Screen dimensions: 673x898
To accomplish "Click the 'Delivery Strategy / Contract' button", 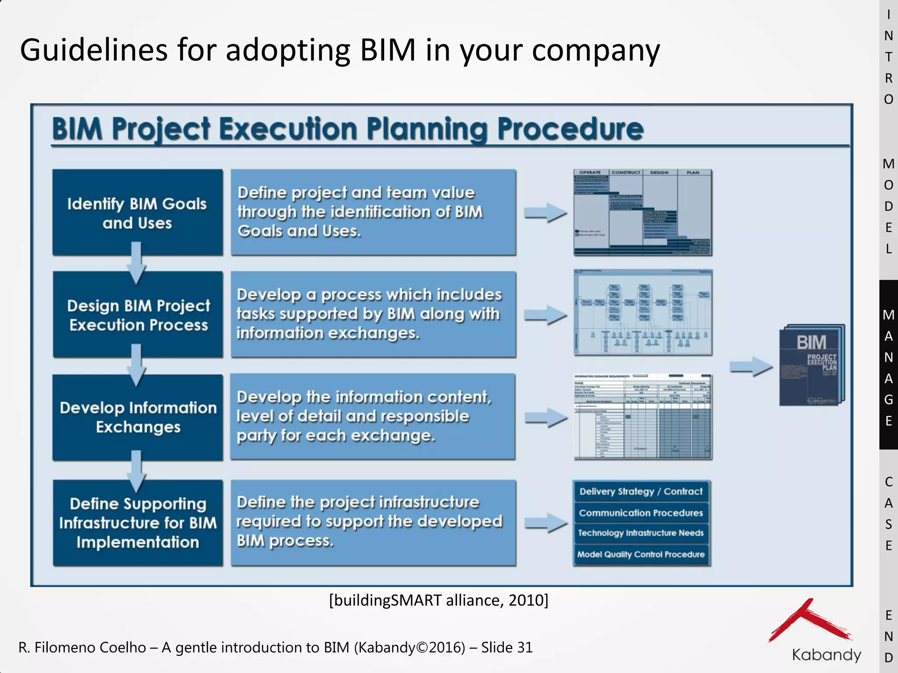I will tap(641, 492).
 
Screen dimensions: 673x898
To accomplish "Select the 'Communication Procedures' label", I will tap(641, 513).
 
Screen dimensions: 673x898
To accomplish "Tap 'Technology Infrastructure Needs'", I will tap(641, 533).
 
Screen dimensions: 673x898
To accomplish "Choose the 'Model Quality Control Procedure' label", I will tap(641, 554).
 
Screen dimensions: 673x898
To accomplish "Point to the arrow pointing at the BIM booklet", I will tap(751, 366).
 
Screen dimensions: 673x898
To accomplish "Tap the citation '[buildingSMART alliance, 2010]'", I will tap(438, 600).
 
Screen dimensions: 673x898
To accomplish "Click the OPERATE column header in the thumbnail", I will tap(590, 173).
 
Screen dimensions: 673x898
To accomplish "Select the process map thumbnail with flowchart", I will tap(643, 312).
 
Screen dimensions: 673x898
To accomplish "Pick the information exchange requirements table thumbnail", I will tap(643, 417).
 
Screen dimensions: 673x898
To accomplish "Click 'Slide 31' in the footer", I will tap(507, 647).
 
